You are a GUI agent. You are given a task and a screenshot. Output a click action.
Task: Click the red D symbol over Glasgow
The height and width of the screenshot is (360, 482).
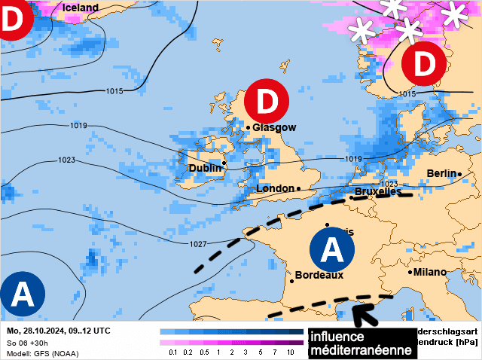click(x=267, y=100)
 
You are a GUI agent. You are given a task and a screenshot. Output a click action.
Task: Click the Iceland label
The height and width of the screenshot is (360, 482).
click(x=80, y=8)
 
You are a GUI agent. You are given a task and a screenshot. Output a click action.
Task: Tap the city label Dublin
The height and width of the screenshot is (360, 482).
click(x=205, y=169)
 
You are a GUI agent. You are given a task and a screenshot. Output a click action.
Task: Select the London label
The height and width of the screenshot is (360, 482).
click(x=276, y=188)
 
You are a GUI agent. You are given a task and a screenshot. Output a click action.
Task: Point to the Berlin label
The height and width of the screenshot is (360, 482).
click(x=441, y=173)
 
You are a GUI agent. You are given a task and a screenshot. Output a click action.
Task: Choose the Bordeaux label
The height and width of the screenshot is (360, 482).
click(x=319, y=276)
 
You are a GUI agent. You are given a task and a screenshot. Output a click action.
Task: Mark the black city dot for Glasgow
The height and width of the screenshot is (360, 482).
click(x=248, y=128)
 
